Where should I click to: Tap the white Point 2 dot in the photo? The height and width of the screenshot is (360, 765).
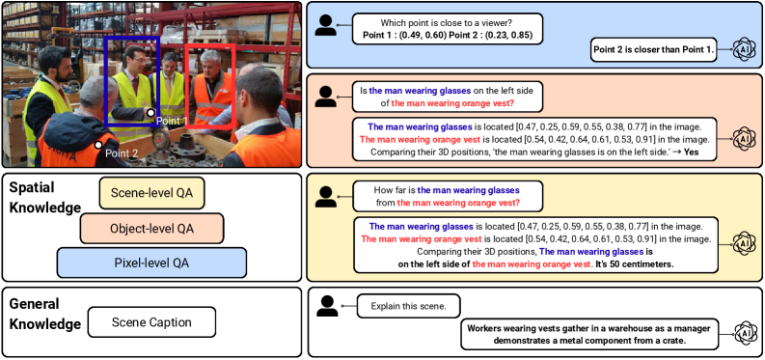(x=97, y=146)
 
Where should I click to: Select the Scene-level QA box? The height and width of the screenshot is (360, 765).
(x=153, y=193)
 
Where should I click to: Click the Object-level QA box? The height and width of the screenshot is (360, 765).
(x=151, y=229)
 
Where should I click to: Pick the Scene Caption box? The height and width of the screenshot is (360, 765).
(x=151, y=321)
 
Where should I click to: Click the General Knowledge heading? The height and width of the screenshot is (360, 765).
(x=44, y=315)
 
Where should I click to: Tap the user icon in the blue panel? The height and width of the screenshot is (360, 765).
(x=327, y=26)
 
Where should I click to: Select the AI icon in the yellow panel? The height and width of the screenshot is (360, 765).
(x=741, y=239)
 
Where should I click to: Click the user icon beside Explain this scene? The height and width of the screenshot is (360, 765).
(x=327, y=307)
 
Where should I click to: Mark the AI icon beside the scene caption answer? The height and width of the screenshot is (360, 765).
(x=741, y=334)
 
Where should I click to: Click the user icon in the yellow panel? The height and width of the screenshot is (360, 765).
(x=327, y=194)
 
